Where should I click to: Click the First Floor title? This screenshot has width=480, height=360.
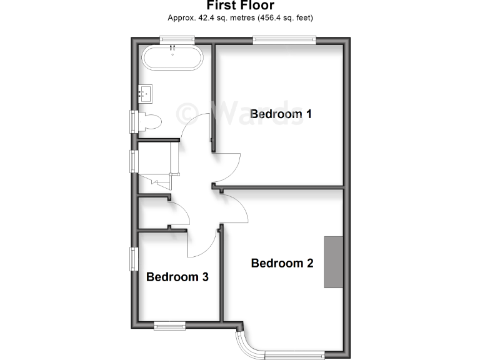pos(240,6)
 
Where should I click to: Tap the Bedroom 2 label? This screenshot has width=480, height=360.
pos(282,263)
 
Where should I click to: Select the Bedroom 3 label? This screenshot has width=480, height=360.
pos(177,277)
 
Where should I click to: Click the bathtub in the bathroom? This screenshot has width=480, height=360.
pos(172,58)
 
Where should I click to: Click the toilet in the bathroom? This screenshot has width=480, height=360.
pos(149,121)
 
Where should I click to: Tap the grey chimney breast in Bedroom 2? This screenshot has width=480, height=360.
pos(333,262)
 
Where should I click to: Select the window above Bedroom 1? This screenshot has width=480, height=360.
pos(284,40)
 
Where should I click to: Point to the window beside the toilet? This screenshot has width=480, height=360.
pos(134,121)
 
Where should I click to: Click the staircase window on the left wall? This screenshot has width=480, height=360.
pos(134,161)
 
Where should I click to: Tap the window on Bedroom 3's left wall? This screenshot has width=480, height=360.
pos(134,259)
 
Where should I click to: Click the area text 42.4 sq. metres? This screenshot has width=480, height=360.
pos(210,18)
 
